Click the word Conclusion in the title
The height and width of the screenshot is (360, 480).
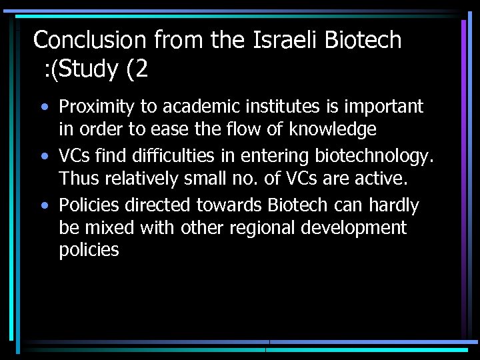(x=91, y=40)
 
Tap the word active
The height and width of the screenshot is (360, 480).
(x=381, y=178)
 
